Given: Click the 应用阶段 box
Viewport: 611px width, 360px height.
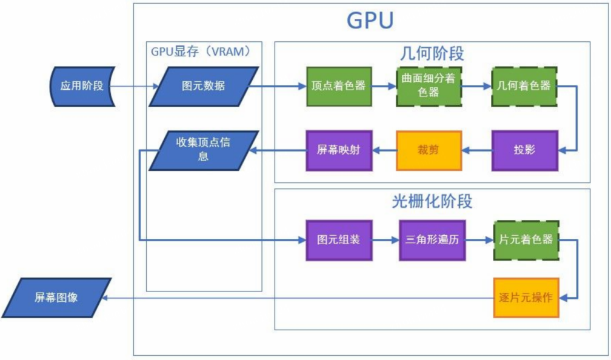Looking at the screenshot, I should coord(82,86).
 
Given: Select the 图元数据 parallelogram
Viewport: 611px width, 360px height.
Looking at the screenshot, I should coord(204,86).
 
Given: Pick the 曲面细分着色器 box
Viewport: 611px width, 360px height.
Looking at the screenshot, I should coord(429,86).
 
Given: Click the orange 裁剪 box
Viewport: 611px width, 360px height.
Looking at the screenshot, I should coord(429,150).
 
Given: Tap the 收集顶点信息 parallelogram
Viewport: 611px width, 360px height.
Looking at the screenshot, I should coord(204,150).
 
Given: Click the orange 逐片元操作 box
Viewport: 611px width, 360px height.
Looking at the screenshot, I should coord(526,298).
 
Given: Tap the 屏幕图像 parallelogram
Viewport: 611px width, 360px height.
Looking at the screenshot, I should coord(56,298).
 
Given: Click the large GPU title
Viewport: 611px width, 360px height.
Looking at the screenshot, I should coord(370,20).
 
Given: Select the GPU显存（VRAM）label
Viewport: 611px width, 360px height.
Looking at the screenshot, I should coord(201,52).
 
